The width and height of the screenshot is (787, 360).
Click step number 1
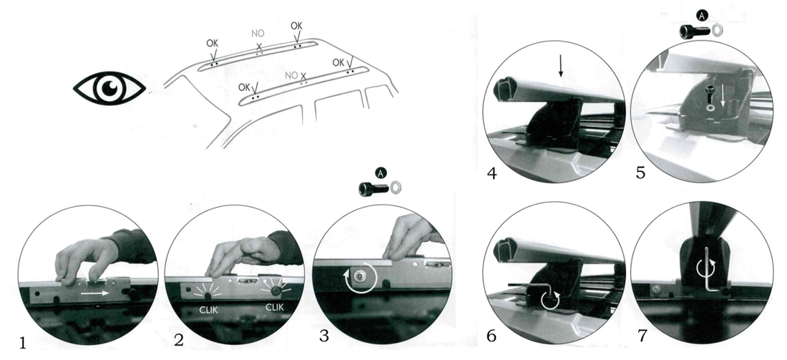23,343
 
